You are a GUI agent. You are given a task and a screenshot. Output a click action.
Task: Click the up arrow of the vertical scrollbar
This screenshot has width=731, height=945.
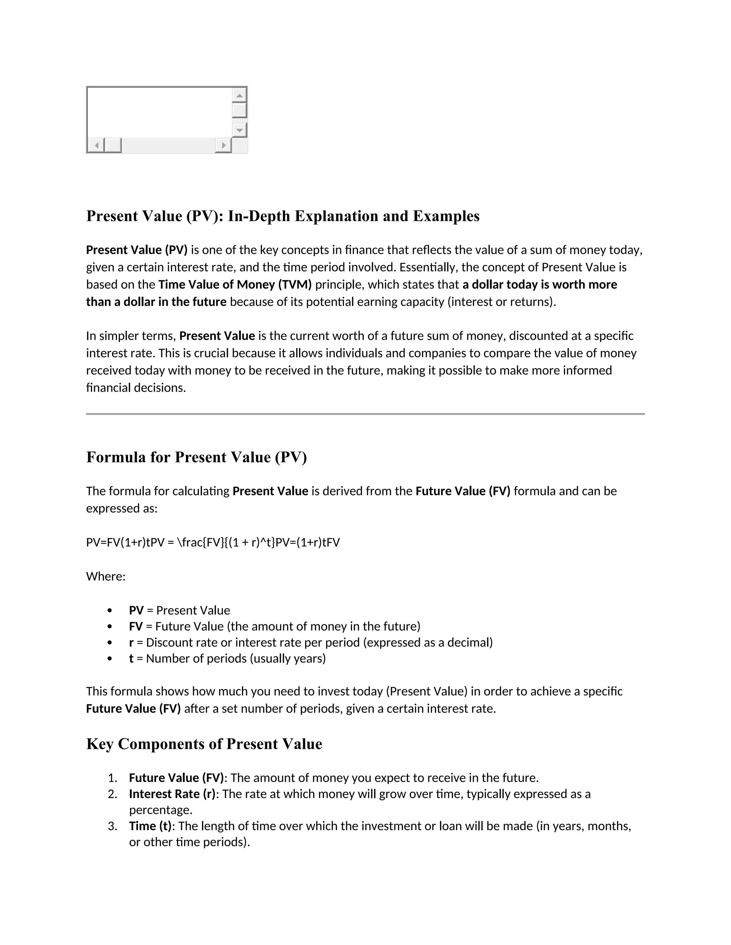pyautogui.click(x=240, y=95)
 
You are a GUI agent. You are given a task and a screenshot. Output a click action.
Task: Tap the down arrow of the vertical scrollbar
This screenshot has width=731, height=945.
pyautogui.click(x=240, y=130)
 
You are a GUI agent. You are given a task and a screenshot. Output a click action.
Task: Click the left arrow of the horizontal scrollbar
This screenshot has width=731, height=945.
pyautogui.click(x=96, y=145)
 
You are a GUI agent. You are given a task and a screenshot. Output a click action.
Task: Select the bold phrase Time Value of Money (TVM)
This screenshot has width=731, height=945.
pyautogui.click(x=235, y=284)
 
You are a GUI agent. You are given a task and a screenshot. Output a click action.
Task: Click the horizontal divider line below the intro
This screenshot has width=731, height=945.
pyautogui.click(x=365, y=414)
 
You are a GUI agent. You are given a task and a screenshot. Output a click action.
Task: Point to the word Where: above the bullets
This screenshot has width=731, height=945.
pyautogui.click(x=106, y=576)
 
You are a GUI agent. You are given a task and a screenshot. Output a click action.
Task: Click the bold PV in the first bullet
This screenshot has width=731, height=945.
pyautogui.click(x=136, y=610)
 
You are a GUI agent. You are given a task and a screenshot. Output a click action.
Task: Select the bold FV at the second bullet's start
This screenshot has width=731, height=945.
pyautogui.click(x=136, y=626)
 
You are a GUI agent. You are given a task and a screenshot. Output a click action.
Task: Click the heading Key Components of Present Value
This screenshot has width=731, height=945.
pyautogui.click(x=204, y=744)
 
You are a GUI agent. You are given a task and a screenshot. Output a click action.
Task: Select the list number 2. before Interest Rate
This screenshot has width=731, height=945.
pyautogui.click(x=112, y=794)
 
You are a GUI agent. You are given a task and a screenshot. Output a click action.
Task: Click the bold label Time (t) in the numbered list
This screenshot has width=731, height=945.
pyautogui.click(x=150, y=826)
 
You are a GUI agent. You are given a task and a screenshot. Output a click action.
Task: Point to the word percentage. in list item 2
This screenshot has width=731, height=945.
pyautogui.click(x=160, y=809)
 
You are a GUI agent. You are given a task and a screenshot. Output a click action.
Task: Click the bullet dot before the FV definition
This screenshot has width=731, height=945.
pyautogui.click(x=110, y=627)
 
